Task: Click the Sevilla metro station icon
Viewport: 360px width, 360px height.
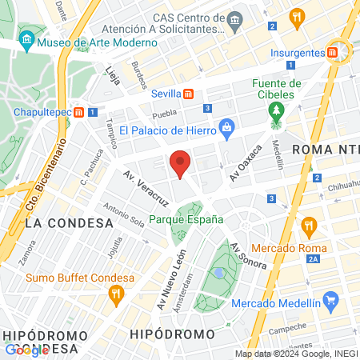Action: [187, 93]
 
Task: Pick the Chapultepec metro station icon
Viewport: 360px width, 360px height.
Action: [79, 113]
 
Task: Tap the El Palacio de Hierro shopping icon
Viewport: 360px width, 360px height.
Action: [227, 126]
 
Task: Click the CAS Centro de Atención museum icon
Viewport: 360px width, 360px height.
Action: [234, 18]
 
